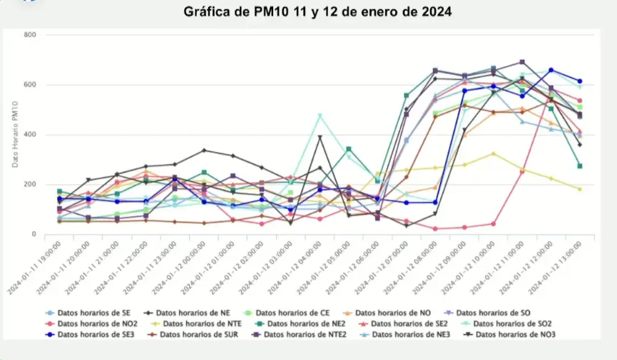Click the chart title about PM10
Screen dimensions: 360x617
coord(317,12)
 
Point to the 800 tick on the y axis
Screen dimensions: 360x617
coord(31,35)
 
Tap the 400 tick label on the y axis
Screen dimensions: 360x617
coord(31,135)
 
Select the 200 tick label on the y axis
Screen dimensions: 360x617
coord(31,185)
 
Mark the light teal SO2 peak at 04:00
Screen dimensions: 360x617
coord(320,115)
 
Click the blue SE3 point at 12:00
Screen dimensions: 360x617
coord(551,70)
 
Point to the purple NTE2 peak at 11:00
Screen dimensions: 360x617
coord(522,62)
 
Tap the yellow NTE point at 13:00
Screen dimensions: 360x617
coord(579,189)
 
